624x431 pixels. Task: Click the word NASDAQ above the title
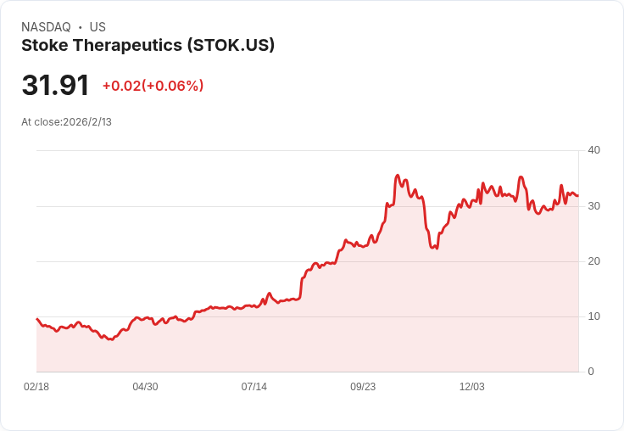pyautogui.click(x=46, y=27)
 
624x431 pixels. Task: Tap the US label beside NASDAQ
pyautogui.click(x=97, y=27)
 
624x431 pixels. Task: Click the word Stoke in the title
pyautogui.click(x=45, y=46)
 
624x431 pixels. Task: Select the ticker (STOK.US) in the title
pyautogui.click(x=231, y=46)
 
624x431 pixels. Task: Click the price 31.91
pyautogui.click(x=55, y=85)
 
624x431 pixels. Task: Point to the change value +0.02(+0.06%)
pyautogui.click(x=153, y=86)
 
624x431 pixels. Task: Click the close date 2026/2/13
pyautogui.click(x=87, y=122)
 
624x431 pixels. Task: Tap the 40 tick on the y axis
pyautogui.click(x=593, y=150)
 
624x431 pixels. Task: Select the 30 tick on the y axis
pyautogui.click(x=593, y=206)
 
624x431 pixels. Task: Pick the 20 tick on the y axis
pyautogui.click(x=593, y=261)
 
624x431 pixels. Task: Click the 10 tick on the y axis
pyautogui.click(x=593, y=316)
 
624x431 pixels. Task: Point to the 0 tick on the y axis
pyautogui.click(x=591, y=372)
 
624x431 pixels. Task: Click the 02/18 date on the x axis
pyautogui.click(x=36, y=387)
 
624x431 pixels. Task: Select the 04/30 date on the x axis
pyautogui.click(x=145, y=387)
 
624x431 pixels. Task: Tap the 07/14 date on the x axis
pyautogui.click(x=253, y=387)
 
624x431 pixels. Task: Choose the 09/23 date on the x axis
pyautogui.click(x=363, y=387)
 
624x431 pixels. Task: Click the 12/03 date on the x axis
pyautogui.click(x=472, y=387)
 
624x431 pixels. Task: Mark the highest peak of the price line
pyautogui.click(x=397, y=176)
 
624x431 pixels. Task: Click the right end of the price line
pyautogui.click(x=578, y=196)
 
